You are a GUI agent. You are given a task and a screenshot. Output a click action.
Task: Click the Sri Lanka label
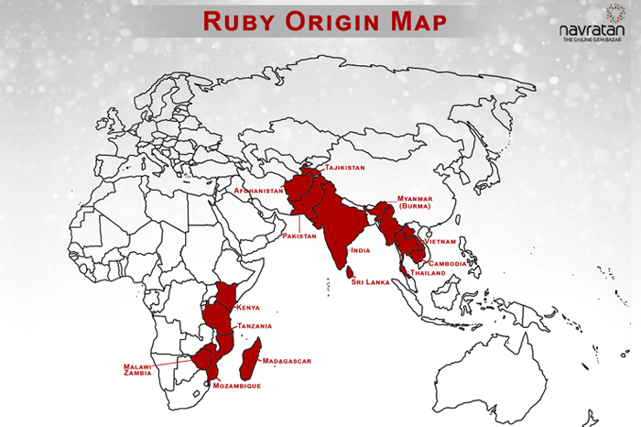point(372,282)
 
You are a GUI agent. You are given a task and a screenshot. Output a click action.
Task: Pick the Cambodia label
point(449,264)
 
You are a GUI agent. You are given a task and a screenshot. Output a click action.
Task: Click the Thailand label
point(428,273)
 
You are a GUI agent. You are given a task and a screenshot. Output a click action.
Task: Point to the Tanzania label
point(255,325)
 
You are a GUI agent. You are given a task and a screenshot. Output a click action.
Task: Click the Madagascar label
point(287,361)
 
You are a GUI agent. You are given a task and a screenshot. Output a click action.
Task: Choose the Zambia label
point(140,375)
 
